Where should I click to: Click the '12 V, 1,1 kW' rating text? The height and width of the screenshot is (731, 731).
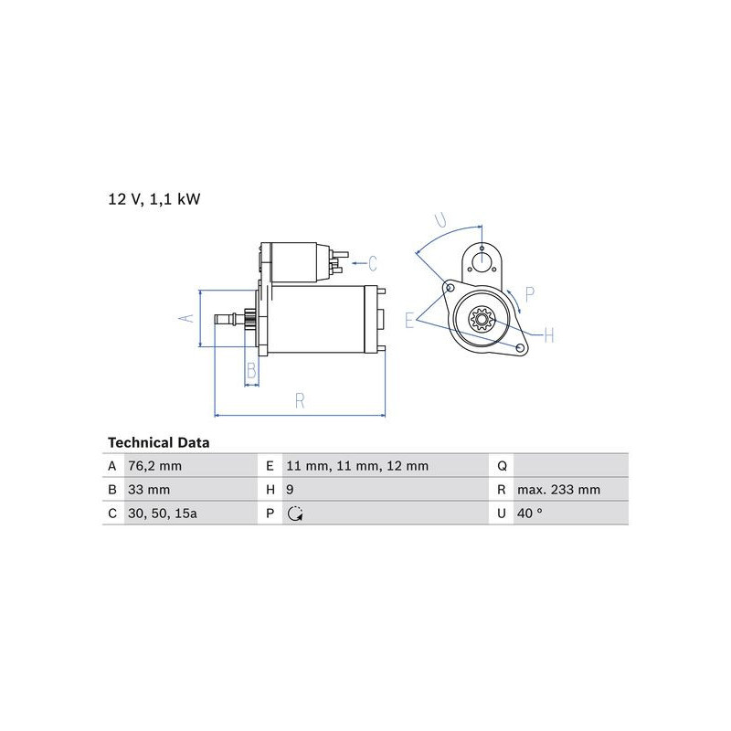coord(154,199)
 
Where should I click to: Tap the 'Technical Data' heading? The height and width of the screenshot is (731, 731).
coord(158,442)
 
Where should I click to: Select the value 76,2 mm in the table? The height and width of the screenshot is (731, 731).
coord(154,466)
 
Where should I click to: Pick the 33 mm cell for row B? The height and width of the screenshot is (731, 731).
coord(149,490)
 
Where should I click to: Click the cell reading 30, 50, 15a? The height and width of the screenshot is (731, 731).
coord(163,514)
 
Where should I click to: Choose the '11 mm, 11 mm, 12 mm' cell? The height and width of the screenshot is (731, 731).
coord(357,466)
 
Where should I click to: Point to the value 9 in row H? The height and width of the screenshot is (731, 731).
coord(290,490)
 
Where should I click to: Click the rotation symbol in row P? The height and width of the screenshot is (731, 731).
coord(295,514)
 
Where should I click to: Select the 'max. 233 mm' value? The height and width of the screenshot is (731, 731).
coord(558,490)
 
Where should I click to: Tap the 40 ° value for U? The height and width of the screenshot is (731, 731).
coord(530,514)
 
